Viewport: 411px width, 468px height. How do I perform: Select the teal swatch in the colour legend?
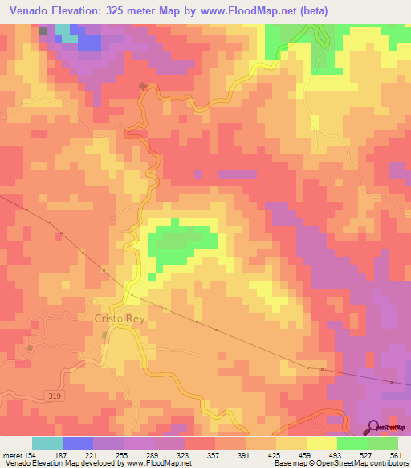47,443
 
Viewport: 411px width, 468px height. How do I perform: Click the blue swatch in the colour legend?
78,443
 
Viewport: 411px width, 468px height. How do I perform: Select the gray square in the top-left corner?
43,31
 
